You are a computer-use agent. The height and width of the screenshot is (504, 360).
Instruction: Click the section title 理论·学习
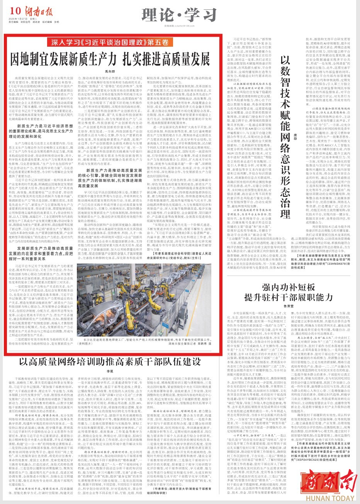point(180,15)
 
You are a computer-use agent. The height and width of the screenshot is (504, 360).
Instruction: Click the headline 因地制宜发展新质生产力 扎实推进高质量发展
point(113,59)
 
